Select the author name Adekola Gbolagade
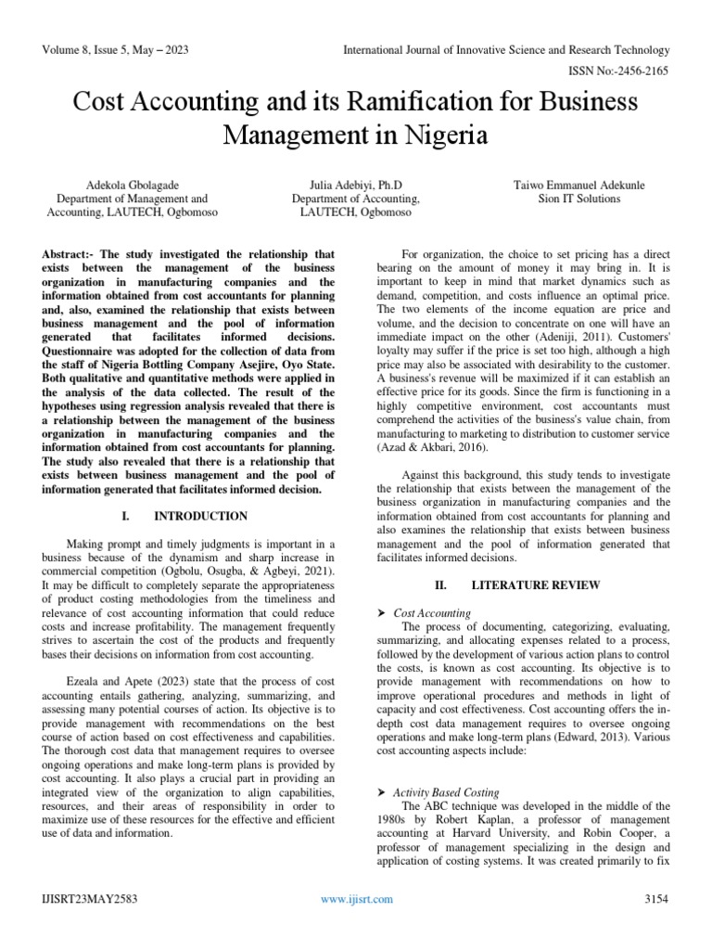click(x=127, y=186)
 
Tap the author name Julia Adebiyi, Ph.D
click(x=356, y=186)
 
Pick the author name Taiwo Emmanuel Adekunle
click(x=579, y=186)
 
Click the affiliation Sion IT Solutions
click(x=579, y=199)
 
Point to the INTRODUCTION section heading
click(x=200, y=516)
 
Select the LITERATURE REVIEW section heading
click(x=523, y=585)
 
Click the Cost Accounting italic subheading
click(x=432, y=613)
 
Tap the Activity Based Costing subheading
click(x=446, y=792)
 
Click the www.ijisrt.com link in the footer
click(x=356, y=899)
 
